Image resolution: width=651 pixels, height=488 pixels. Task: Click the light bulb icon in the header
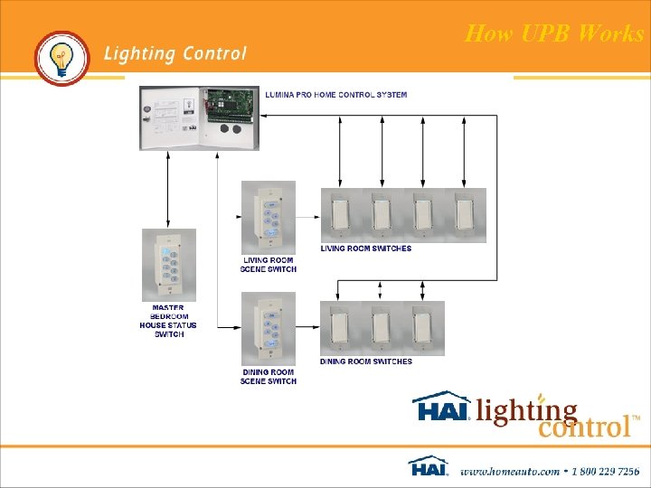pyautogui.click(x=61, y=58)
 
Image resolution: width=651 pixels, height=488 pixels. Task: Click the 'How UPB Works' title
pyautogui.click(x=554, y=34)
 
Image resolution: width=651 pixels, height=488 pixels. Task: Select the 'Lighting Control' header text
pyautogui.click(x=175, y=53)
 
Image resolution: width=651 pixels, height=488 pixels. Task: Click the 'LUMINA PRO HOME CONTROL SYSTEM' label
pyautogui.click(x=335, y=95)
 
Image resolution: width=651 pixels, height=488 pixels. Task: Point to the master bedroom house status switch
pyautogui.click(x=168, y=263)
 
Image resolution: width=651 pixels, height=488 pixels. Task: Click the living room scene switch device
pyautogui.click(x=269, y=218)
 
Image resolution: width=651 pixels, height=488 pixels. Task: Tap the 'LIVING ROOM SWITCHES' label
pyautogui.click(x=366, y=249)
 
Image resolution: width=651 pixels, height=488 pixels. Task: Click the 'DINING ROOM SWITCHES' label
pyautogui.click(x=366, y=361)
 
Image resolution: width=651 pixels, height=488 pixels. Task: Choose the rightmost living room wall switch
pyautogui.click(x=465, y=215)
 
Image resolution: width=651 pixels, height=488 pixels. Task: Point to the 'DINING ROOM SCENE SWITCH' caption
pyautogui.click(x=269, y=376)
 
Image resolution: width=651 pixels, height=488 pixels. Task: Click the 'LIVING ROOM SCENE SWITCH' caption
pyautogui.click(x=269, y=265)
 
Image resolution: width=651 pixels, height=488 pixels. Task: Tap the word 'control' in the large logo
pyautogui.click(x=584, y=425)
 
